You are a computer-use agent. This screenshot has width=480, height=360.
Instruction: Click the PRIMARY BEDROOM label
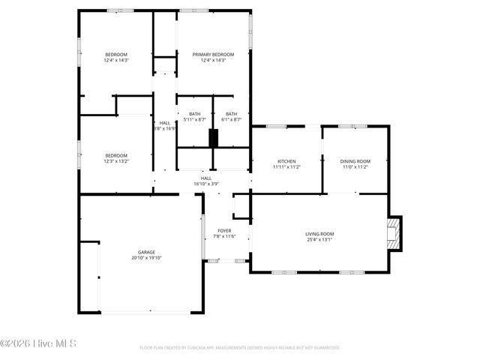click(x=213, y=55)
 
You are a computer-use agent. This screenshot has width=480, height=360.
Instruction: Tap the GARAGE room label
click(x=146, y=252)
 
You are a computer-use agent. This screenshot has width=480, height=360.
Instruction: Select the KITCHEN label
click(x=286, y=162)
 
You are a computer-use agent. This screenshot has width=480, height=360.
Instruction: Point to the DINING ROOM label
click(x=355, y=162)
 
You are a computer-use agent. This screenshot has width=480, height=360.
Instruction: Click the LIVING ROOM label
click(x=319, y=234)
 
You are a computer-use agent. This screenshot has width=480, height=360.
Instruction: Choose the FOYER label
click(x=224, y=230)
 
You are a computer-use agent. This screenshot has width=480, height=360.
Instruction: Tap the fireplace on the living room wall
click(x=393, y=234)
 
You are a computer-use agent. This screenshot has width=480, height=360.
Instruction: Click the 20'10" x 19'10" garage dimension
click(x=146, y=258)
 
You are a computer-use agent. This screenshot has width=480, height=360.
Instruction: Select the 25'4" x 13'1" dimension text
click(x=319, y=240)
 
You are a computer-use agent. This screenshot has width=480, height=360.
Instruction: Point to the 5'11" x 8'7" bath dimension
click(x=195, y=120)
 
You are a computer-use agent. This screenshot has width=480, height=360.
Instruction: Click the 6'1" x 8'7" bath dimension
click(x=232, y=120)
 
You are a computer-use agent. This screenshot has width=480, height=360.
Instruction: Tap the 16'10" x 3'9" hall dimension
click(x=205, y=184)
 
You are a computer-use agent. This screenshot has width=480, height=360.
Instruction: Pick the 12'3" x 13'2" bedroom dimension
click(x=116, y=161)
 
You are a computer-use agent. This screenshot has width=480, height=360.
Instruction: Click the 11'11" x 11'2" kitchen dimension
click(x=286, y=168)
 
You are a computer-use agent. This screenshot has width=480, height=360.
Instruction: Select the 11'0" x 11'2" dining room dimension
click(x=355, y=168)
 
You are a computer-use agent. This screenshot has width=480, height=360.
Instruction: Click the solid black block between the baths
click(x=213, y=139)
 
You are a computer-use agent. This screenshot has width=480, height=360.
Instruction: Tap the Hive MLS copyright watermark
click(x=39, y=344)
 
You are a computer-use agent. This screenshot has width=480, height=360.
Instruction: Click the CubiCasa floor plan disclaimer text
click(x=240, y=348)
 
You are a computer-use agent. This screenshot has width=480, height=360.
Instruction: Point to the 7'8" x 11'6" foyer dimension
click(x=224, y=236)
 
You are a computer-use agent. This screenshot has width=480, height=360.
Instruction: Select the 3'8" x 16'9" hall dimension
click(x=164, y=128)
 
